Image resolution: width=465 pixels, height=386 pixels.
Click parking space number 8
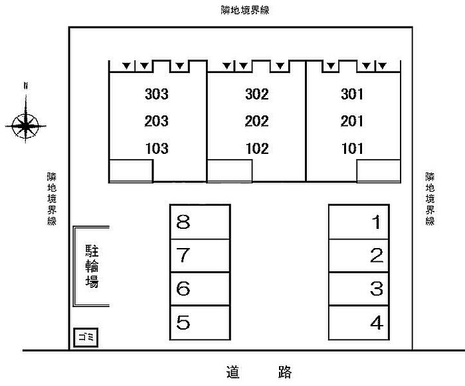[x=200, y=222]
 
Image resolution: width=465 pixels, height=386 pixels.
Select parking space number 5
[x=200, y=323]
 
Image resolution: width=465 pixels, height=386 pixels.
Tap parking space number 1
[x=359, y=222]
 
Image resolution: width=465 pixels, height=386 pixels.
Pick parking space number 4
[x=359, y=323]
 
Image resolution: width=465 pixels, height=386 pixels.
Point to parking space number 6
[x=200, y=289]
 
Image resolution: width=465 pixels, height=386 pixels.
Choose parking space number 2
[x=359, y=255]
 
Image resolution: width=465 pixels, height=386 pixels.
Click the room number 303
[x=156, y=94]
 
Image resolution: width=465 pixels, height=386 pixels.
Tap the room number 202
[x=256, y=121]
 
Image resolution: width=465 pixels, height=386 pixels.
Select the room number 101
[x=352, y=149]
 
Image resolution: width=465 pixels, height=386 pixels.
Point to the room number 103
[x=156, y=149]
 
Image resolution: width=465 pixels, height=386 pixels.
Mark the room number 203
[x=156, y=121]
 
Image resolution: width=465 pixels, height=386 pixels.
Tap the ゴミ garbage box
[x=86, y=337]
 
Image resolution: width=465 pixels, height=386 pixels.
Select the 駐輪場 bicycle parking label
[x=92, y=266]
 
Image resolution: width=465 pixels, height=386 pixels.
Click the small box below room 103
[x=131, y=170]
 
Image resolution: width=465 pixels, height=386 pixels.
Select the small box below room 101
[x=378, y=170]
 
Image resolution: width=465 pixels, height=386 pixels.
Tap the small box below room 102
[x=229, y=170]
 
